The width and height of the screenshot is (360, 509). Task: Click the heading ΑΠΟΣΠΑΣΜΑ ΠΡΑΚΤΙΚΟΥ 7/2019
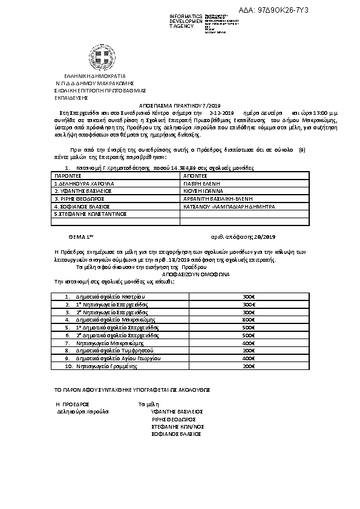pos(180,105)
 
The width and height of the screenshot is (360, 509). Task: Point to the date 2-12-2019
pos(221,113)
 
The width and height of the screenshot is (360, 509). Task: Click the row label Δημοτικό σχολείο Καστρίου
pos(111,296)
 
